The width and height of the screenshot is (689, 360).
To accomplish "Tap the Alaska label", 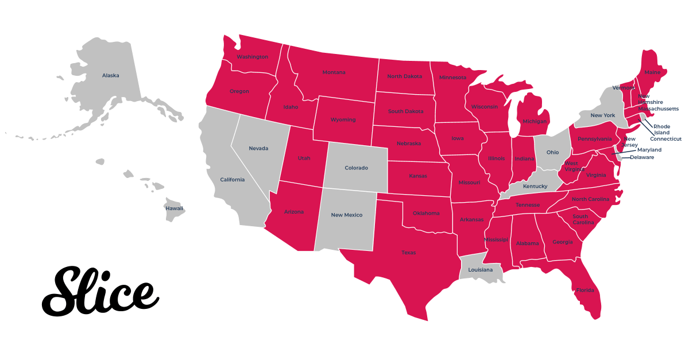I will click(111, 75).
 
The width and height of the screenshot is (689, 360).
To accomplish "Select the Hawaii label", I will click(175, 208).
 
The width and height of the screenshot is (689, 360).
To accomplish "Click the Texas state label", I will click(409, 253).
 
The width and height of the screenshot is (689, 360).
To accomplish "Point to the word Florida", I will click(585, 290).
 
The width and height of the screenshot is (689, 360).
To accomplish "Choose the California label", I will click(233, 180).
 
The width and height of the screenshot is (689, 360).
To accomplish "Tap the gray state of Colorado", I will click(356, 168).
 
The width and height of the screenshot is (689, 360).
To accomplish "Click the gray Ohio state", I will click(552, 152).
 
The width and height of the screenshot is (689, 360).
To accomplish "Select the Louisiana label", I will click(480, 270).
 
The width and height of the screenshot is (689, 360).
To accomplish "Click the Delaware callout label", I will click(642, 157).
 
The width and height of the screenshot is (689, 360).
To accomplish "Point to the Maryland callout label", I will click(649, 150).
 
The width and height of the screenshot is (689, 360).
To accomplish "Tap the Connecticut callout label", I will click(665, 139).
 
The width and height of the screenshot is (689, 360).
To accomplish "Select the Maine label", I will click(652, 72).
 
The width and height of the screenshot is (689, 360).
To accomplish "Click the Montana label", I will click(334, 72).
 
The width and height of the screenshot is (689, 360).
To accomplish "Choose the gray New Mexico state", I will click(347, 215).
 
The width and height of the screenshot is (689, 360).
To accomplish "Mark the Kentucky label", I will click(535, 186).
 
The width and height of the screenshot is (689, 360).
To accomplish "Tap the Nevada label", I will click(258, 148).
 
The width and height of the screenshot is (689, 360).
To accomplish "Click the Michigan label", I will click(535, 121).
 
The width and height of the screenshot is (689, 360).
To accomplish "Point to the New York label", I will click(603, 115).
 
